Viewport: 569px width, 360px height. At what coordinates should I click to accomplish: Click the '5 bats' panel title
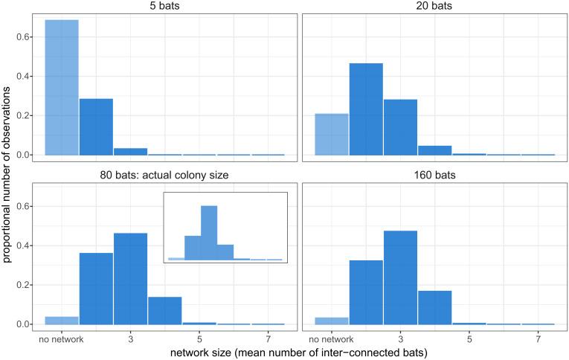[x=164, y=7]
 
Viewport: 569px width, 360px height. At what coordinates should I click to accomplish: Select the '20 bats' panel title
[x=434, y=7]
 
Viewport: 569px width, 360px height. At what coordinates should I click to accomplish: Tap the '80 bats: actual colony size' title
[x=164, y=176]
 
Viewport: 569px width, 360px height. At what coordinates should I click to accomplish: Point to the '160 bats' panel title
[x=434, y=176]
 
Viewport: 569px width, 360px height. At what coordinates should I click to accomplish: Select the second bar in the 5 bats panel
[x=96, y=126]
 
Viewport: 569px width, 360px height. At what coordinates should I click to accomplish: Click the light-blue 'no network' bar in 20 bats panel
[x=332, y=134]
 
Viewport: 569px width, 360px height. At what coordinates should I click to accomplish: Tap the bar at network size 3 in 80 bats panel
[x=130, y=279]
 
